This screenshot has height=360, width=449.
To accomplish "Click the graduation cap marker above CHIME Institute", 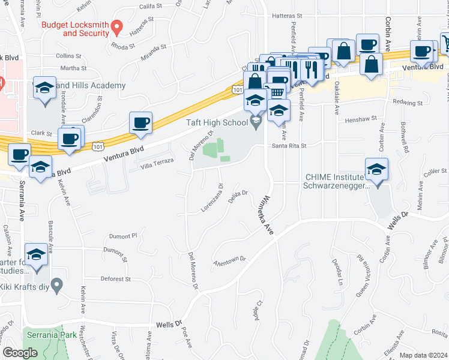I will coord(376,170).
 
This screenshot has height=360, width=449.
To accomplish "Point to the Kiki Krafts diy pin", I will coord(57,286).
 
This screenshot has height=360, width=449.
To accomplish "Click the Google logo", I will coord(20,353).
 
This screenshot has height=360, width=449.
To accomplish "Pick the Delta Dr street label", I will coord(239,197).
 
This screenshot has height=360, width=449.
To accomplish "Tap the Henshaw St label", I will coord(360,119).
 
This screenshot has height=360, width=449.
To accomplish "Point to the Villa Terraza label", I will coord(157,163).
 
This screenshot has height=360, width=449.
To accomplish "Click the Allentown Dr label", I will coord(230,261).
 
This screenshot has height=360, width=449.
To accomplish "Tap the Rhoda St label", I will coord(124,45).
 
